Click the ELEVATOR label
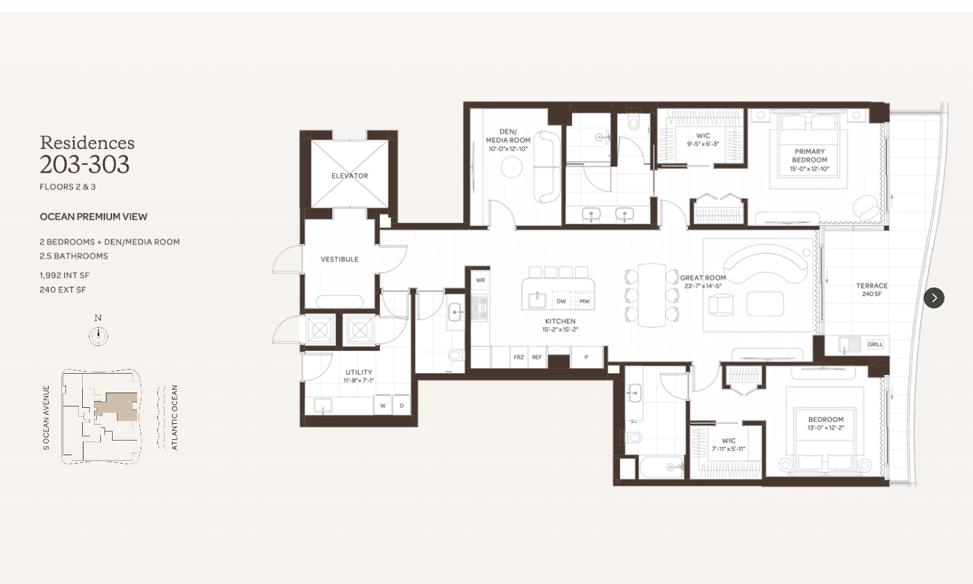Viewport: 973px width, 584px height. click(x=349, y=175)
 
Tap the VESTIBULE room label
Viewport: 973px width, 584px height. click(x=340, y=260)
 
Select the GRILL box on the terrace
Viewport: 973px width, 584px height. click(x=876, y=344)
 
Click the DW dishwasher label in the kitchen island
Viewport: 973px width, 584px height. click(x=561, y=301)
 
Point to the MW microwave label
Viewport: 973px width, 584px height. click(x=584, y=301)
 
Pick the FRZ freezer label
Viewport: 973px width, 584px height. click(x=519, y=357)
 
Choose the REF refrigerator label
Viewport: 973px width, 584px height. click(x=537, y=357)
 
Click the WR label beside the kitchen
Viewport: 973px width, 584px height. click(x=480, y=281)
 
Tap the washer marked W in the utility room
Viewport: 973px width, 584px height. click(x=383, y=405)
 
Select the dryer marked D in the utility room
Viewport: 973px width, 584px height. click(x=402, y=405)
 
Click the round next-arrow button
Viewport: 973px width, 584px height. click(x=934, y=298)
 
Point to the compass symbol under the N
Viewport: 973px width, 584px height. click(x=99, y=336)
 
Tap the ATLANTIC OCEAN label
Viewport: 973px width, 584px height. click(x=175, y=418)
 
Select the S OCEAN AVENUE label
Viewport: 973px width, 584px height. click(x=46, y=418)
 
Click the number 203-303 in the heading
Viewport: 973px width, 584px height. click(x=85, y=164)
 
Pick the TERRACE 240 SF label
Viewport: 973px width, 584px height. click(x=872, y=290)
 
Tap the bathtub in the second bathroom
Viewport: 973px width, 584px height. click(x=662, y=466)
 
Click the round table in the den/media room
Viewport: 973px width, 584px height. click(x=512, y=167)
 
